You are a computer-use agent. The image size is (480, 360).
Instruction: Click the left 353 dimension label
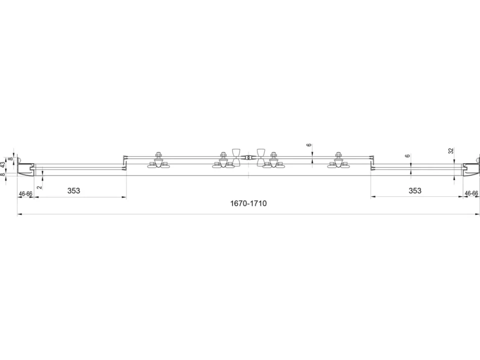coord(73,191)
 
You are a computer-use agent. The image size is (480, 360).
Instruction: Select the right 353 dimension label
coord(415,191)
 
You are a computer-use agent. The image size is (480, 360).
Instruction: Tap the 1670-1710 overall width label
coord(248,203)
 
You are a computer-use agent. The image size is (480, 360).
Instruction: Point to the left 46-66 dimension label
coord(25,194)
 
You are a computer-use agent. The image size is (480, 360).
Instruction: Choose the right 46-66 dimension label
coord(471,193)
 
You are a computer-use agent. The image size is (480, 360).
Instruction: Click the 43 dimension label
coord(3,165)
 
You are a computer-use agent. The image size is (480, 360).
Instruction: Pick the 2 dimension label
coord(39,187)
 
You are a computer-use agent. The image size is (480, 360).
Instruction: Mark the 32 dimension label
coord(451,151)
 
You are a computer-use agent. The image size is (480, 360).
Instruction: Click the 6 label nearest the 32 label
coord(407,156)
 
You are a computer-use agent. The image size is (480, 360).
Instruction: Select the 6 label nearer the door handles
coord(309,145)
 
